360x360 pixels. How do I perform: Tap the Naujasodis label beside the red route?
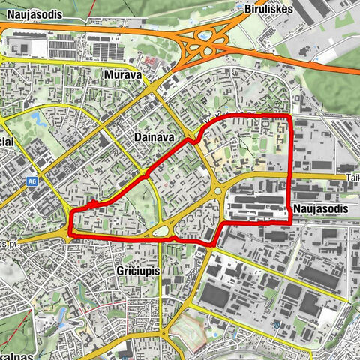point(322,208)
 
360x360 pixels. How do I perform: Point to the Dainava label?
point(152,138)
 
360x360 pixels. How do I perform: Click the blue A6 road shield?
point(32,181)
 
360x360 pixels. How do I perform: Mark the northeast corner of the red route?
point(289,118)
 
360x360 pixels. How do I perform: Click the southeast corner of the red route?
point(289,222)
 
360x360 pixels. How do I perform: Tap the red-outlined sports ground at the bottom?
point(187,330)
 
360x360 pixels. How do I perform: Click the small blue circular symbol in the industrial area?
point(277,324)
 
